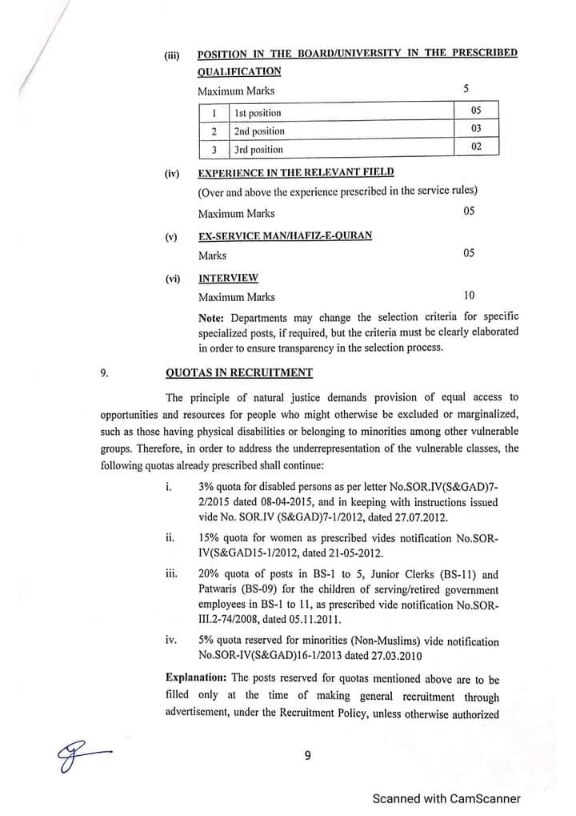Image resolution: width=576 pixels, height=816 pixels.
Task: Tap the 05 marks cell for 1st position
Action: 474,111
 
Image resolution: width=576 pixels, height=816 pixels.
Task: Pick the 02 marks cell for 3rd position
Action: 474,147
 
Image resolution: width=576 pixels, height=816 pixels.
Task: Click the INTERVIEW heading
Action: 228,278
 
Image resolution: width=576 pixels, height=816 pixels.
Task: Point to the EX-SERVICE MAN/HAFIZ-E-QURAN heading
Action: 285,236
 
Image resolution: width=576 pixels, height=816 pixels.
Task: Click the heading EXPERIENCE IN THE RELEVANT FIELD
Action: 295,172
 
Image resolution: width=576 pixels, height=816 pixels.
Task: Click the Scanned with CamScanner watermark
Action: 446,798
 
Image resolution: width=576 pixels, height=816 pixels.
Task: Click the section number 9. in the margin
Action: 105,372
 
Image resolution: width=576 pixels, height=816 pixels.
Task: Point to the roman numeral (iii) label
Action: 172,55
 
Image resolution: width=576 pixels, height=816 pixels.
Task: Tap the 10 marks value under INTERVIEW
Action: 469,296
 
